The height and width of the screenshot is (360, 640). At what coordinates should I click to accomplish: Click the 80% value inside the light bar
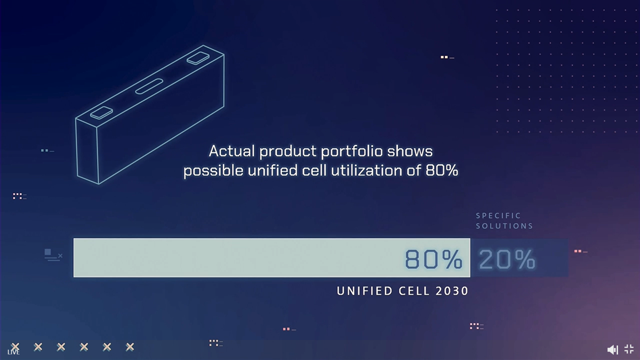pos(433,259)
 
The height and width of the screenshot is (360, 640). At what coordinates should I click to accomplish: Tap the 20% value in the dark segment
pos(507,259)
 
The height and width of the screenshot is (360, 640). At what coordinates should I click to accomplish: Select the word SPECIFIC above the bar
pos(498,216)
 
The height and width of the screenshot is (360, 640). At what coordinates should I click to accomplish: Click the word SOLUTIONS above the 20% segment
pos(504,226)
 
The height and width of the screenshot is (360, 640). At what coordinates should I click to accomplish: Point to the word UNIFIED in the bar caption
pos(360,291)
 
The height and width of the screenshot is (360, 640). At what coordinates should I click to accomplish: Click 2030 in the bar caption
pos(452,291)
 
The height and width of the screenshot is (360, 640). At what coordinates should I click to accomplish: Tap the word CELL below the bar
pos(414,291)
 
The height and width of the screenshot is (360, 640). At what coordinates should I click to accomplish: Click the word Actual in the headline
pos(232,151)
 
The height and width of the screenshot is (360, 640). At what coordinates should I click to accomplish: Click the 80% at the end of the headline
pos(442,170)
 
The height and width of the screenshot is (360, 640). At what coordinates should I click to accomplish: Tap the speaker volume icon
pos(613,350)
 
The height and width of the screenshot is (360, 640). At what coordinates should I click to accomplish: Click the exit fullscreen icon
pos(629,349)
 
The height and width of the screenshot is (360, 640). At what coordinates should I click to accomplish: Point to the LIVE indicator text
pos(13,352)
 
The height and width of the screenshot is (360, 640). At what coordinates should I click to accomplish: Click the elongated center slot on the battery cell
pos(149,86)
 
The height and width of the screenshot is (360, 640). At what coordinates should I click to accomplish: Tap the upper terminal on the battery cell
pos(198,58)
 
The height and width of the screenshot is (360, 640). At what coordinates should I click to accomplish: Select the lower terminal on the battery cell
pos(101,113)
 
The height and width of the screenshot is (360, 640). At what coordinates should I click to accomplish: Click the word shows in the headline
pos(410,151)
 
